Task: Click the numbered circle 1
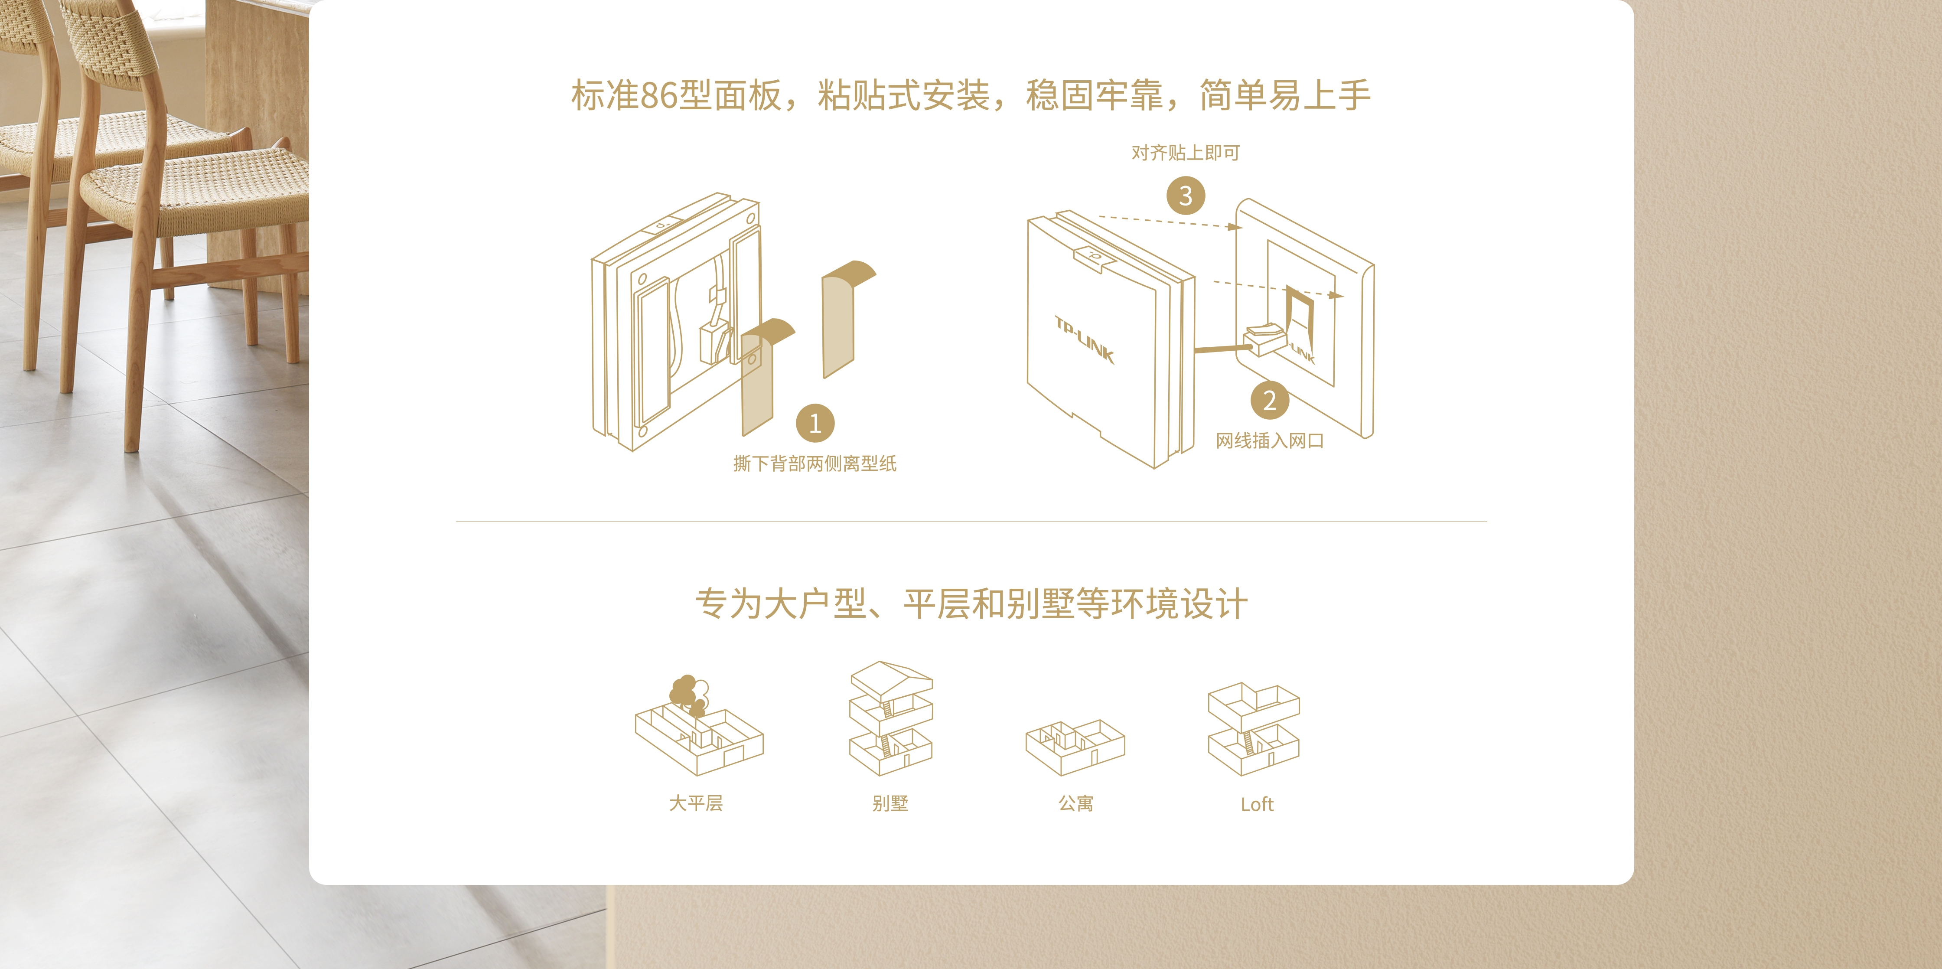(815, 423)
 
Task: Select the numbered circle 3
(1186, 195)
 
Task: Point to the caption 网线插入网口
(1270, 441)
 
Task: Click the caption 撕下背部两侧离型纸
(815, 464)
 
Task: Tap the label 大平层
(696, 804)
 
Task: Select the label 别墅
(890, 804)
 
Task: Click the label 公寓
(1076, 804)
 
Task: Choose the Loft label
(1257, 805)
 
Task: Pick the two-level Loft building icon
(1254, 729)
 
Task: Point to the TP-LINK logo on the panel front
(1084, 340)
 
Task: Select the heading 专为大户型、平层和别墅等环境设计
(971, 604)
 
